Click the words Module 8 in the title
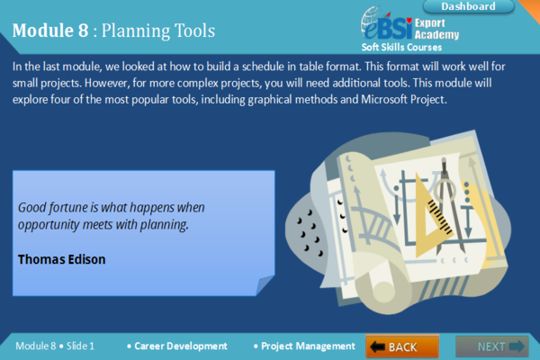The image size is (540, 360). click(50, 31)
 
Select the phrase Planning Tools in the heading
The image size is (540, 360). click(157, 31)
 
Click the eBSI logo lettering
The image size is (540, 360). click(389, 24)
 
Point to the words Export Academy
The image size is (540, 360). click(436, 29)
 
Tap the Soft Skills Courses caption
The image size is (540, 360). click(402, 47)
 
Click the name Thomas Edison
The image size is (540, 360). click(61, 259)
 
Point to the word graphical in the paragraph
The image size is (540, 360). click(283, 99)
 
